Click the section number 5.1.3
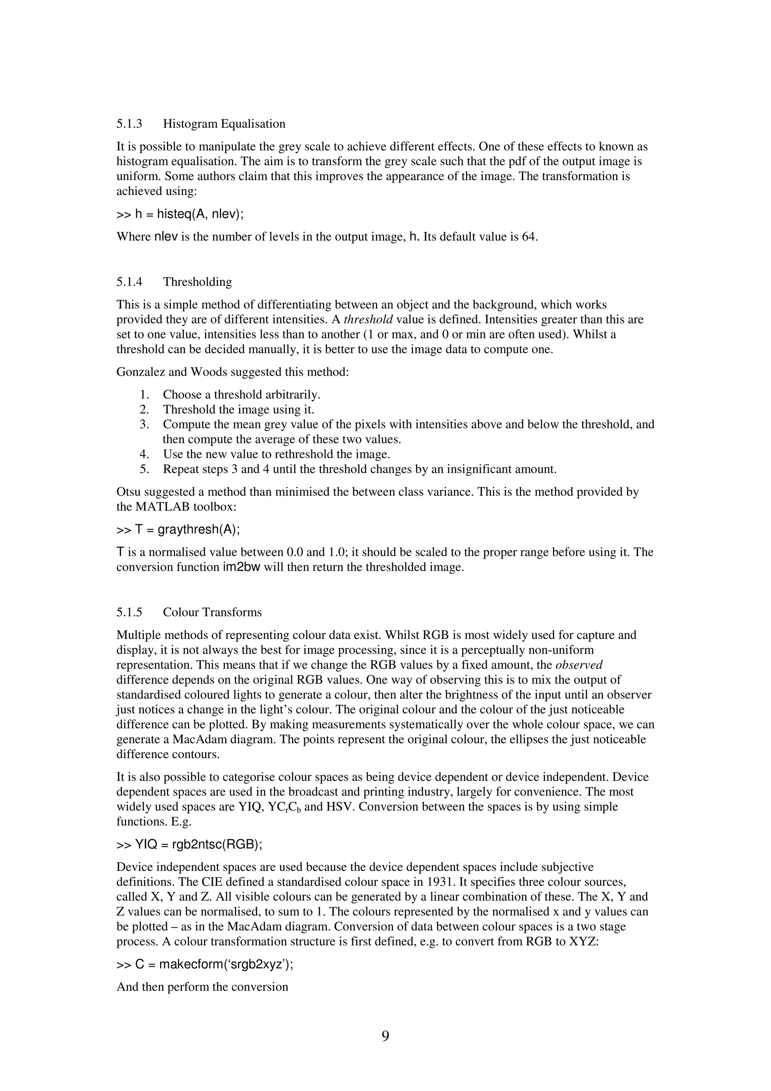click(x=129, y=124)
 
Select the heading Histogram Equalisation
click(x=224, y=124)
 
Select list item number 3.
click(x=145, y=424)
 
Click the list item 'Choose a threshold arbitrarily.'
click(x=242, y=395)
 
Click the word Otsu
click(x=127, y=492)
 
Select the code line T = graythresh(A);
click(x=178, y=529)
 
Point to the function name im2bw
click(x=241, y=567)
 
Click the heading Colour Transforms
click(x=212, y=612)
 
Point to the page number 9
click(x=385, y=1036)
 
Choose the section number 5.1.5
click(x=129, y=612)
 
